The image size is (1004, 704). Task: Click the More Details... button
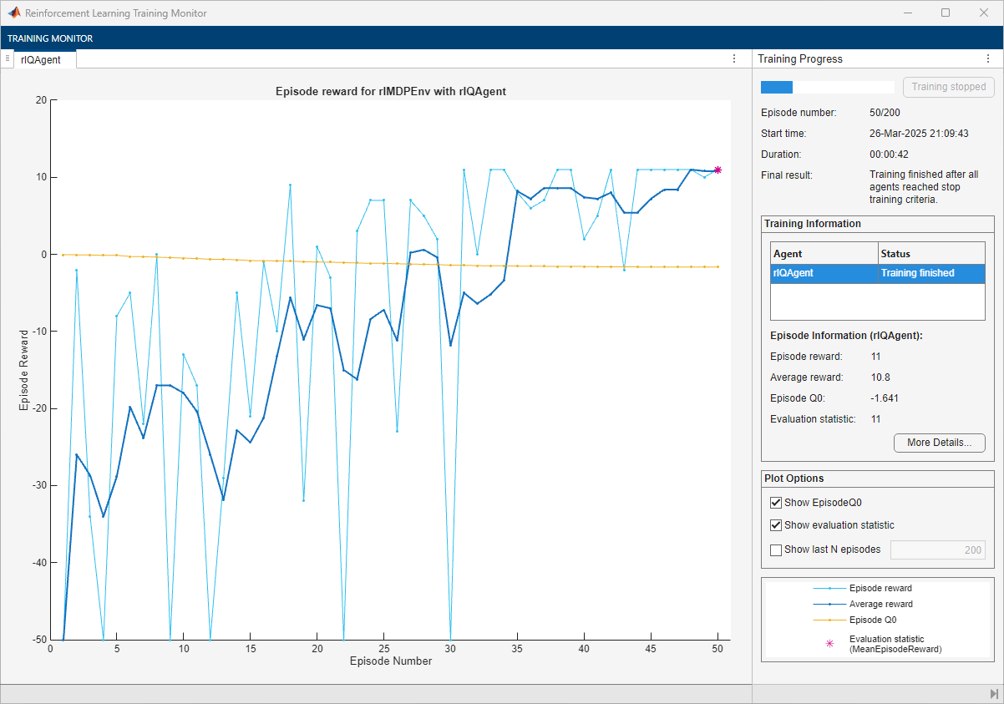(939, 443)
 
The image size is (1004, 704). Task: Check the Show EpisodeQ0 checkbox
(776, 503)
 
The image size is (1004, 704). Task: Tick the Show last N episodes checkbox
(776, 550)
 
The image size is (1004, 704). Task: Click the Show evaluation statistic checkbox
(776, 525)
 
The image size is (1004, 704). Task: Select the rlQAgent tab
(41, 59)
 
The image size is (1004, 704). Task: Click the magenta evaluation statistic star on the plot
(718, 170)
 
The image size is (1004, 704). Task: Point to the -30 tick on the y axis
(37, 485)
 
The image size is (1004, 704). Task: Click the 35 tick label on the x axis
(517, 648)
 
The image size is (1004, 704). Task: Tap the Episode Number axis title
(390, 661)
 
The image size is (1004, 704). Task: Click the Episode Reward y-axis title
(24, 369)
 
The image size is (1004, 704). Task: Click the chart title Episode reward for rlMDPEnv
(390, 91)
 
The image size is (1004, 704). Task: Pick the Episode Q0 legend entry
(872, 620)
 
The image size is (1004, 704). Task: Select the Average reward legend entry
(880, 604)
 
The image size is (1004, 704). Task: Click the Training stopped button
(948, 87)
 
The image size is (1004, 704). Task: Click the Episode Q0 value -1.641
(885, 398)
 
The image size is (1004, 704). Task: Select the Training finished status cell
(917, 273)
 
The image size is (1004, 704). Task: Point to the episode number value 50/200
(885, 112)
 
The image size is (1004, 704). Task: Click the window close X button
(983, 13)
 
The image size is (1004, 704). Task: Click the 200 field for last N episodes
(937, 550)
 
